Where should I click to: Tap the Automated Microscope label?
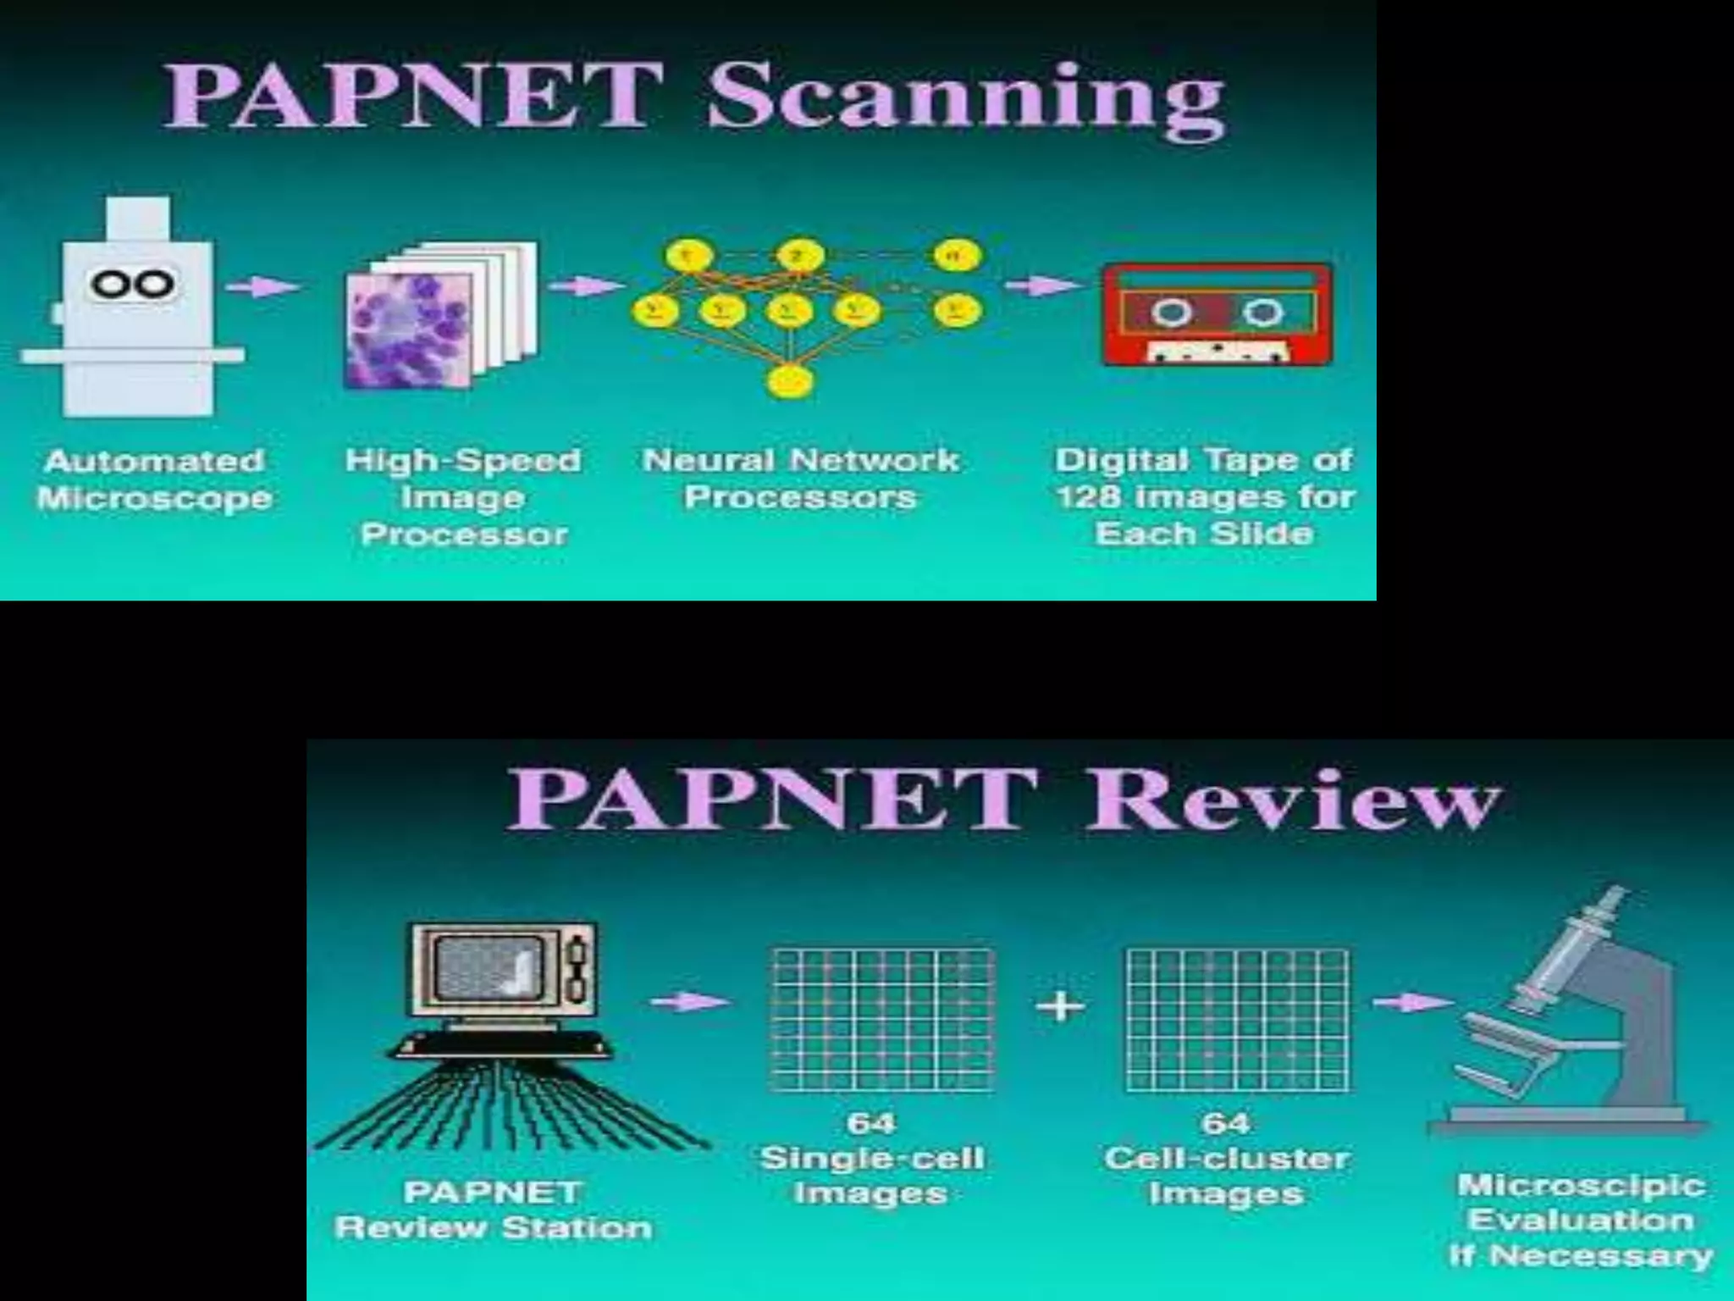(154, 479)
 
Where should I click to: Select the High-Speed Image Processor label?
(463, 497)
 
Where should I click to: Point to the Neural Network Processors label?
(800, 479)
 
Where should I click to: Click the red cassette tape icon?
(1218, 314)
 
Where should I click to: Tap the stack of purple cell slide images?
(440, 318)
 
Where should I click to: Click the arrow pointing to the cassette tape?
(1043, 285)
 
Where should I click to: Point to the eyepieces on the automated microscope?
(134, 283)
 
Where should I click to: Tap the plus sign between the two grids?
(1059, 1007)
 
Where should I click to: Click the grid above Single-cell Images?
(882, 1020)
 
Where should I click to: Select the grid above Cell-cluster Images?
(1237, 1020)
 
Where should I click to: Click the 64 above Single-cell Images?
(870, 1123)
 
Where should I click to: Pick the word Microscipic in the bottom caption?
(1581, 1185)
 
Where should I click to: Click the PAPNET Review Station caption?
(494, 1210)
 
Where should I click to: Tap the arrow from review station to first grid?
(689, 1002)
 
